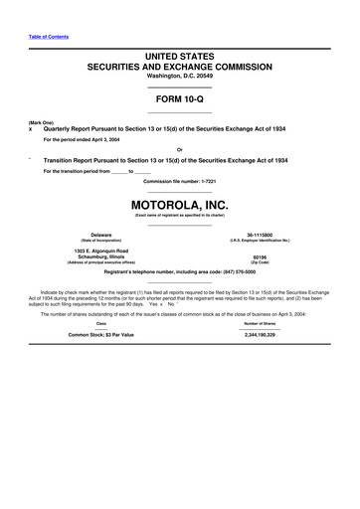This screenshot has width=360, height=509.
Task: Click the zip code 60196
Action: coord(260,255)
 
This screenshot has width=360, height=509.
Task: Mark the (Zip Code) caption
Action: coord(260,261)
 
